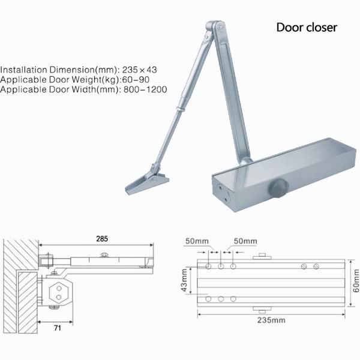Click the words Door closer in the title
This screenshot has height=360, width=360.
(307, 28)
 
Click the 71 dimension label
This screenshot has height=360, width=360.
(58, 329)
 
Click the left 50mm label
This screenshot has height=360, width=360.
(197, 241)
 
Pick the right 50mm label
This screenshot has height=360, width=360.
(245, 241)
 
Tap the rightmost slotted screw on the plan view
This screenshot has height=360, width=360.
(315, 266)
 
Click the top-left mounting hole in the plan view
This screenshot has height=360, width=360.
(208, 266)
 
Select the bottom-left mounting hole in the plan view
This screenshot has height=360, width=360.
(208, 298)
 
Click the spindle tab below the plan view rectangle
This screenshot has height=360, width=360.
(261, 310)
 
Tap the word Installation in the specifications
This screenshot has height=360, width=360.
(26, 68)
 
